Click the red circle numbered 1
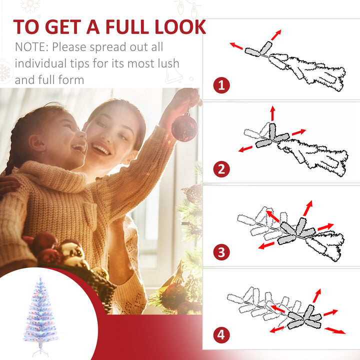click(221, 85)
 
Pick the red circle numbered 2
click(221, 169)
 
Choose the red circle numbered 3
click(221, 251)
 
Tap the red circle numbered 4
click(221, 334)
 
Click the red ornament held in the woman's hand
click(184, 127)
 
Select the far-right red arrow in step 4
click(334, 330)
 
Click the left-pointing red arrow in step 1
click(236, 46)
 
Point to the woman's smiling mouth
click(102, 149)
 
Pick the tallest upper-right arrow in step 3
click(306, 208)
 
